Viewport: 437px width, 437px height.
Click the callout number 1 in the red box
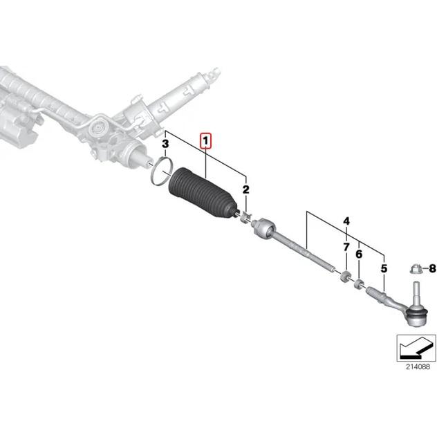pos(206,140)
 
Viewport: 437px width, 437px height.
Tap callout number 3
pos(165,145)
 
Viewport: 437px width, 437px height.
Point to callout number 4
pos(346,222)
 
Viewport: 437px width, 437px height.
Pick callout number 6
pos(358,255)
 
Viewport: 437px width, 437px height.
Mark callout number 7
pos(345,246)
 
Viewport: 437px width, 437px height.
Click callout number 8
pos(432,267)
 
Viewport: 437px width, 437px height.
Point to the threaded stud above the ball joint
pos(417,290)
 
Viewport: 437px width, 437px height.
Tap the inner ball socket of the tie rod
pos(263,227)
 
